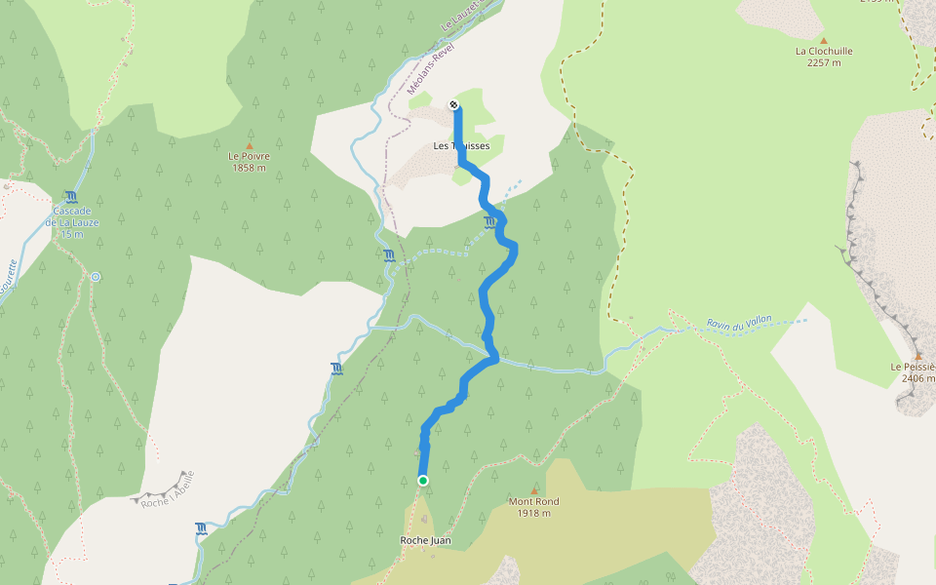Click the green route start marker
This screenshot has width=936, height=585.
coord(423,481)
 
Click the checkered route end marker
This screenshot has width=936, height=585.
coord(454,104)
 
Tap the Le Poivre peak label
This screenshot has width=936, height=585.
coord(249,156)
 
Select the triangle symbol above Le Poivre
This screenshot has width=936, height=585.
coord(249,146)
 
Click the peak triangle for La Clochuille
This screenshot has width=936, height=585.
coord(823,41)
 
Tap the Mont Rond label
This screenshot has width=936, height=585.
coord(533,501)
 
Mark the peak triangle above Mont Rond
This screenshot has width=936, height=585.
coord(533,490)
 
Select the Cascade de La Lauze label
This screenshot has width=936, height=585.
coord(72,217)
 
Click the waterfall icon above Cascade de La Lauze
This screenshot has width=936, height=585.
coord(70,197)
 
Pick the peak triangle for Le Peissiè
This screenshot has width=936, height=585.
coord(916,356)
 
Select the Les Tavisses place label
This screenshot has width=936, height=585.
coord(461,146)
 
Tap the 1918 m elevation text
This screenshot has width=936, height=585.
coord(533,513)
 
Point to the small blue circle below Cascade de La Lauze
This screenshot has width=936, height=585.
coord(96,277)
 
